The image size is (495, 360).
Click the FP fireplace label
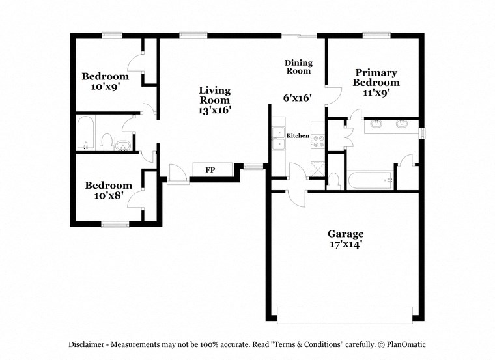(210, 170)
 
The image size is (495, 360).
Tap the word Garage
(345, 234)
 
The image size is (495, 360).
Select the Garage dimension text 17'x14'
(345, 245)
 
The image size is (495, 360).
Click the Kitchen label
(298, 135)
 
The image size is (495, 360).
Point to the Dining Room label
(298, 66)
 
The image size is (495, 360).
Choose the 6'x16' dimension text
(298, 98)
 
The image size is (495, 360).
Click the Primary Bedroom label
(376, 77)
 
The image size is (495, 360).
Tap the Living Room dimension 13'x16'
(214, 110)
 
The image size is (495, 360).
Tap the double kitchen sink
(278, 139)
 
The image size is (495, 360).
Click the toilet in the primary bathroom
(334, 180)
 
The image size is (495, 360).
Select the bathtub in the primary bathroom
(370, 180)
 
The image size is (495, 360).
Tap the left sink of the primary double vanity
(376, 123)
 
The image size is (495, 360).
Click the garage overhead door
(345, 315)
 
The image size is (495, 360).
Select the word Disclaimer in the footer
(87, 344)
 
